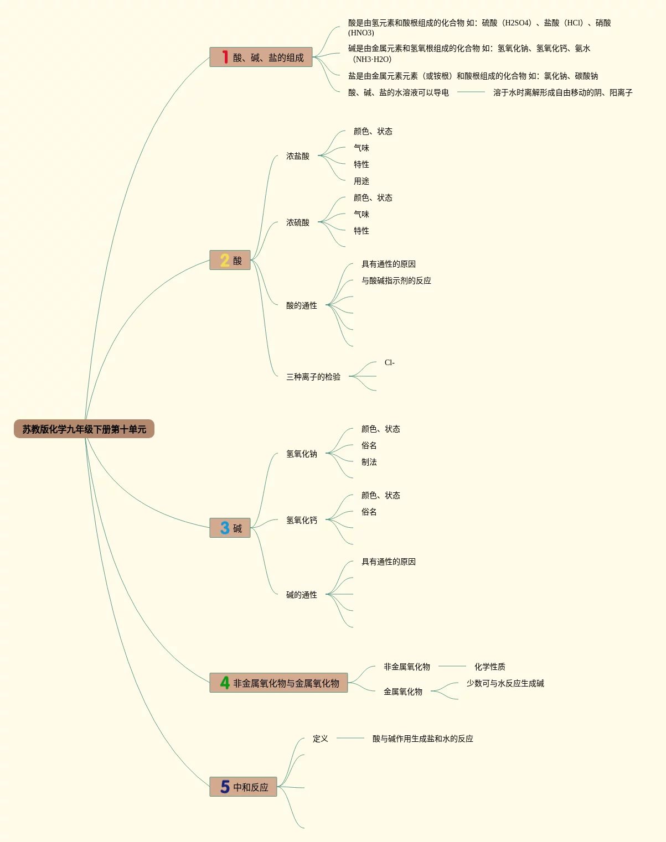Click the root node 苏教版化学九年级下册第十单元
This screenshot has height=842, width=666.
point(84,429)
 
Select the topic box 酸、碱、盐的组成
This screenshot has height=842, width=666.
point(261,58)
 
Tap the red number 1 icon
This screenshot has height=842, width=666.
point(225,57)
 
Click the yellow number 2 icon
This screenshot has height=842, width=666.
point(225,260)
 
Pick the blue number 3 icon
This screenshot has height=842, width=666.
point(225,528)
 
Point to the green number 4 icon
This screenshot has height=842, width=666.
point(225,683)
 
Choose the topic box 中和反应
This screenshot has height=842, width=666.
point(243,787)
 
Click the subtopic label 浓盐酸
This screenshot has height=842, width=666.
point(298,156)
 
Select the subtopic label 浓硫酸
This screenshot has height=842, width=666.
point(298,222)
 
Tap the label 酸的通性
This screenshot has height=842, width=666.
point(302,305)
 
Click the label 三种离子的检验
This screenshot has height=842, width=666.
point(313,377)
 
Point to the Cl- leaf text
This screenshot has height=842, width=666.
point(390,363)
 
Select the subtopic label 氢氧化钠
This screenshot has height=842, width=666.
point(302,454)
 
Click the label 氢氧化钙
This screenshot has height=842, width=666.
point(302,520)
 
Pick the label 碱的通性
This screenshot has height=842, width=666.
point(302,595)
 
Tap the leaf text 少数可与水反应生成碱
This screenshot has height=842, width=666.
point(505,683)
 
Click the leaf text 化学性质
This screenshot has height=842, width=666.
point(489,667)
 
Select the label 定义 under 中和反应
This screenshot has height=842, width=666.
point(321,739)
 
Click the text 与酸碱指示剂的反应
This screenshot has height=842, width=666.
point(396,280)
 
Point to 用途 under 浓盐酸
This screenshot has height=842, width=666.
point(362,181)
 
